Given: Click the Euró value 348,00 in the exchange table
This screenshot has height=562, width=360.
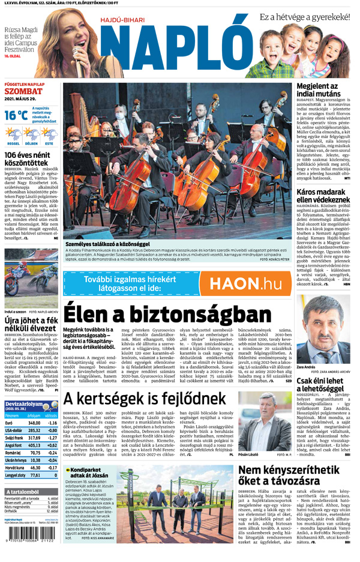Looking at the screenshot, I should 34,423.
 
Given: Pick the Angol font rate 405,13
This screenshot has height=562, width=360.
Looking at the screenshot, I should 34,446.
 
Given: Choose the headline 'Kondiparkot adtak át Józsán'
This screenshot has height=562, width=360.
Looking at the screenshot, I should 96,471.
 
